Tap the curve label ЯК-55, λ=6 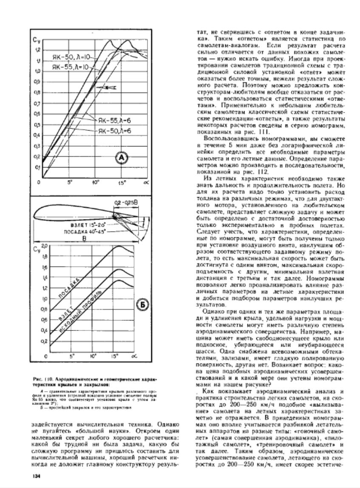[x=113, y=121]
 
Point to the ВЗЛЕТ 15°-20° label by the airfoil [x=90, y=223]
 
